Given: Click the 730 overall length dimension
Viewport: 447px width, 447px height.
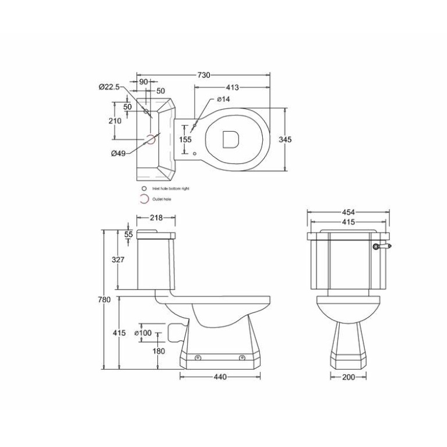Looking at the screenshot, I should (x=203, y=75).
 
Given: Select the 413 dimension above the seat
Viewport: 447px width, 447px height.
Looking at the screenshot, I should (x=232, y=87).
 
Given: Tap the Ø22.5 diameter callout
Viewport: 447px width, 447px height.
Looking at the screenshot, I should (x=109, y=87).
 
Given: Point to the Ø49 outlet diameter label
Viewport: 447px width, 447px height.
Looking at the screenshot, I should (x=118, y=153).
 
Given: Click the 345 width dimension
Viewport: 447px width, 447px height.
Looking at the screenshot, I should (x=285, y=140).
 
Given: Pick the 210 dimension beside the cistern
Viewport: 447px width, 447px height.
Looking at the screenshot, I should (x=115, y=121).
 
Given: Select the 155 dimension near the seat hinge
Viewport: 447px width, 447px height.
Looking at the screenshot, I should (x=185, y=139).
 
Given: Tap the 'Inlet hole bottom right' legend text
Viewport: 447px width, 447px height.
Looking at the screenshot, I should (x=171, y=189).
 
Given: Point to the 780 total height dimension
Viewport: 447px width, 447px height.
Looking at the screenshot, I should (x=104, y=300).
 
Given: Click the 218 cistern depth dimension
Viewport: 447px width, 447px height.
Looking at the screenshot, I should (x=156, y=217).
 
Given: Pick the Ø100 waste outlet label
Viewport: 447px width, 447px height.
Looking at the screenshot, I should (x=143, y=333).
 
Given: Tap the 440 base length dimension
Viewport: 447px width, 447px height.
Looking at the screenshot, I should (x=219, y=376).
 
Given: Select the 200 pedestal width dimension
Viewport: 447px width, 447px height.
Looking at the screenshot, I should (x=348, y=377).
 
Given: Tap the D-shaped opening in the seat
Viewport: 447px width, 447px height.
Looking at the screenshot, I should (x=231, y=139).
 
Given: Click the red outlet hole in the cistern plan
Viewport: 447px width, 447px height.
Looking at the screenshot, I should (x=150, y=139).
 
